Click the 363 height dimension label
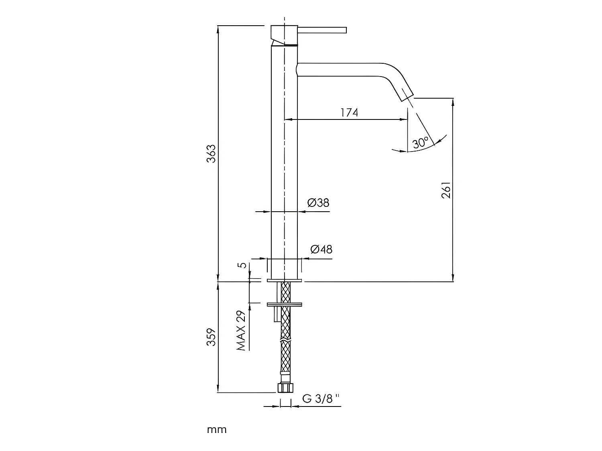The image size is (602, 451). [x=212, y=154]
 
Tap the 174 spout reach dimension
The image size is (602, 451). [x=349, y=113]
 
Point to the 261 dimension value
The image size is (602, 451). [x=446, y=190]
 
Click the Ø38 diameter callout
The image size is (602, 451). [x=318, y=203]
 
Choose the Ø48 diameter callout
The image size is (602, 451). [x=321, y=249]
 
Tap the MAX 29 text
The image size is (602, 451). [x=241, y=330]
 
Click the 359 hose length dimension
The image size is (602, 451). [x=212, y=338]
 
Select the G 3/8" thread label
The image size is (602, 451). [x=321, y=399]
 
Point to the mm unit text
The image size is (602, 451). [x=217, y=430]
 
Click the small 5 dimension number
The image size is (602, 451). [x=242, y=265]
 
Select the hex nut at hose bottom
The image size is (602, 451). [x=286, y=388]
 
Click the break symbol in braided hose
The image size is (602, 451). [x=285, y=340]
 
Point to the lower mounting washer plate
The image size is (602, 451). [x=285, y=304]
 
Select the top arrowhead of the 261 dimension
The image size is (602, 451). [x=453, y=101]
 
